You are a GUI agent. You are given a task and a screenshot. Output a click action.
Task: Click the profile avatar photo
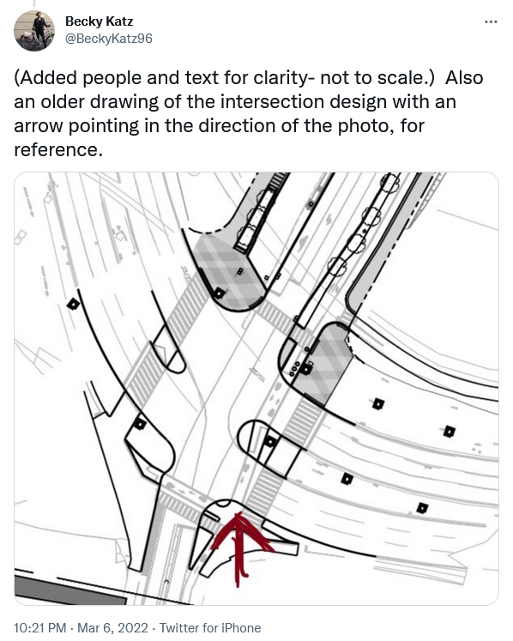(34, 31)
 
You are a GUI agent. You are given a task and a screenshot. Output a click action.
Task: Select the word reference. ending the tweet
(58, 150)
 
